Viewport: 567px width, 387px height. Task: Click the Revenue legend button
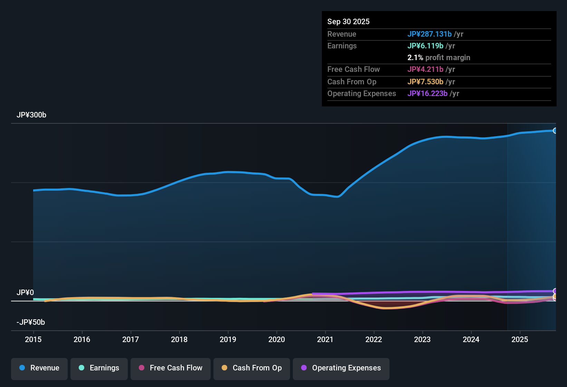[x=39, y=368]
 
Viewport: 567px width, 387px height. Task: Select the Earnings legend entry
[x=99, y=368]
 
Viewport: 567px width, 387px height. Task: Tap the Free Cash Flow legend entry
[x=171, y=368]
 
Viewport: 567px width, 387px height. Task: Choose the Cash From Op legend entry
[x=252, y=368]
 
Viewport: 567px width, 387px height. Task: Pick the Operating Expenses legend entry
[x=341, y=368]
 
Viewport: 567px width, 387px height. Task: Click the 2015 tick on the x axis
[x=33, y=340]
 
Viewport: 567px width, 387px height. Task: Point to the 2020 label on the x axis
[x=277, y=340]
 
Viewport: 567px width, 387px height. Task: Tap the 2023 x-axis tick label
[x=422, y=340]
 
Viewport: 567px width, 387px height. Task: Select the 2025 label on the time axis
[x=520, y=340]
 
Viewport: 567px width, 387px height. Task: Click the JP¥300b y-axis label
[x=31, y=115]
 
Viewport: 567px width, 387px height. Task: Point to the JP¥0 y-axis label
[x=25, y=293]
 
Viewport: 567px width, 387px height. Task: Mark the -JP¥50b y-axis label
[x=31, y=322]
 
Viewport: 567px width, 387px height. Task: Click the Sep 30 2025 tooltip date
[x=348, y=22]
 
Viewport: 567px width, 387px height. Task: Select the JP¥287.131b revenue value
[x=430, y=34]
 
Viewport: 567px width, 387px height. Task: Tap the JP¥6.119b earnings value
[x=425, y=46]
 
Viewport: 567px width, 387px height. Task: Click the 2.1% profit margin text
[x=439, y=58]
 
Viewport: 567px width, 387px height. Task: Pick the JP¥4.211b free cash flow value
[x=425, y=69]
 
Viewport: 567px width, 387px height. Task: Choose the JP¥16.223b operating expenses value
[x=427, y=94]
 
